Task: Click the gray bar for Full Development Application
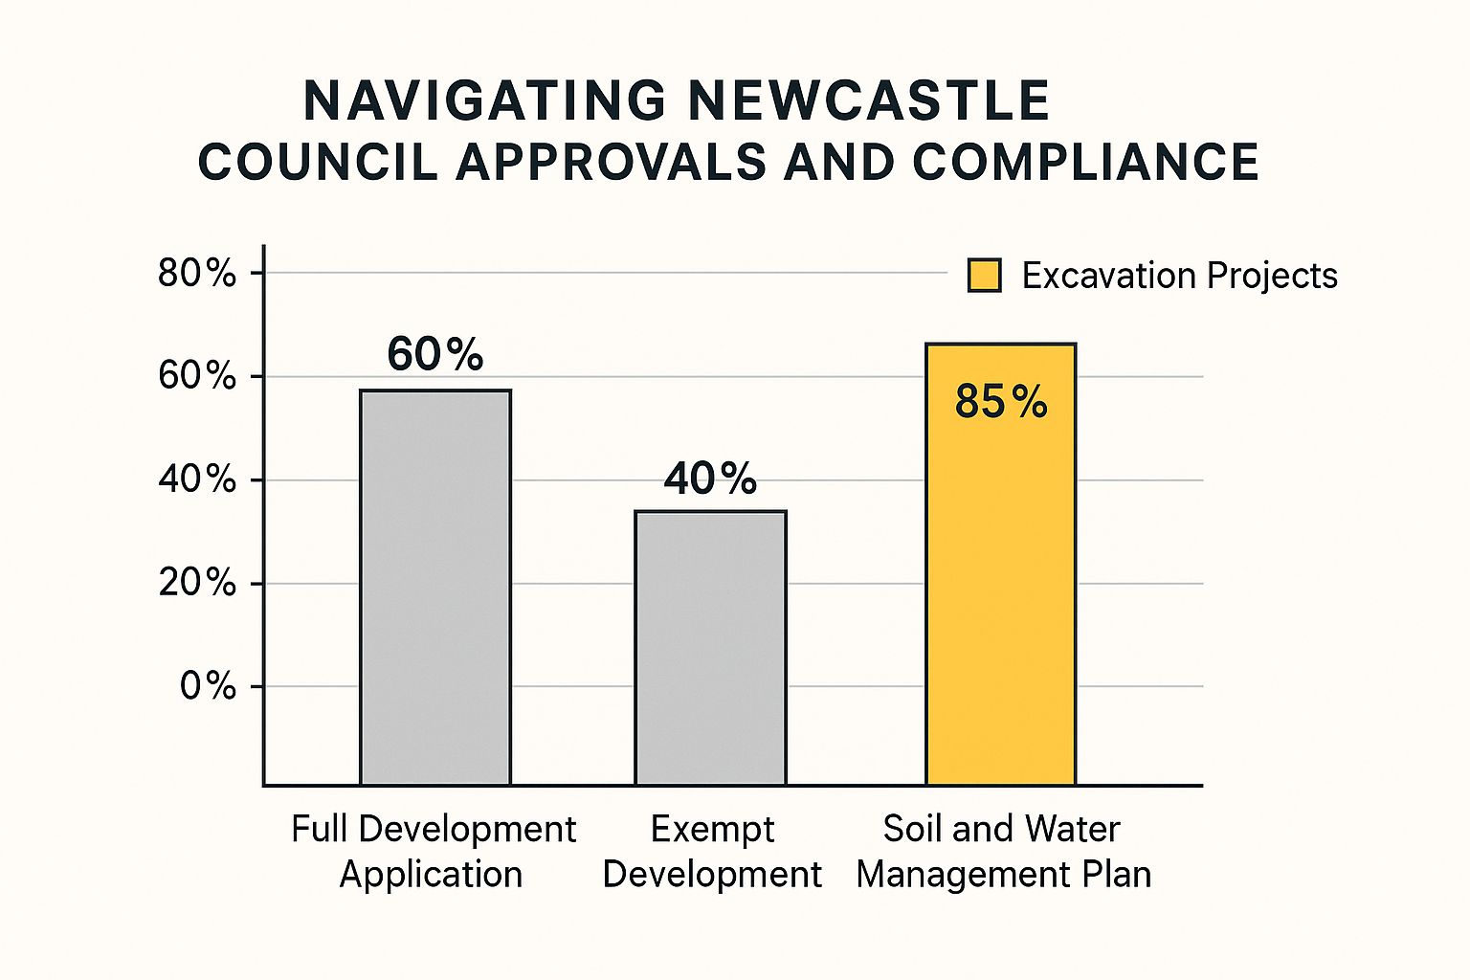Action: (435, 588)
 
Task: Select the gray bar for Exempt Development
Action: (711, 648)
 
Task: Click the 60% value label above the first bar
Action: (435, 354)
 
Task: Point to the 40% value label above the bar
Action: (710, 478)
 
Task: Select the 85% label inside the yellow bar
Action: (1001, 402)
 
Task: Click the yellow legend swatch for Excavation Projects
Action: (984, 276)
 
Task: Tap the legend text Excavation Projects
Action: (1179, 276)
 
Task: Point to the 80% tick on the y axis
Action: (197, 274)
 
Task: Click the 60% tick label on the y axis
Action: (197, 376)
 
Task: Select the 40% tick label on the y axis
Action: (197, 479)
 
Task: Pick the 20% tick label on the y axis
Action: (197, 583)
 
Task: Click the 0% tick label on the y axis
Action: (208, 686)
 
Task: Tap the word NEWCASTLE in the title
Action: (869, 100)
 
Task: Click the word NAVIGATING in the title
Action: (485, 100)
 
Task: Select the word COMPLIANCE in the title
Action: (1085, 162)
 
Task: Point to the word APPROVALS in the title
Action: (612, 162)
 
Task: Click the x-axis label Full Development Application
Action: (434, 852)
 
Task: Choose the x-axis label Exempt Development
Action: (712, 852)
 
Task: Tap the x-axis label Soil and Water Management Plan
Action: (1003, 852)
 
